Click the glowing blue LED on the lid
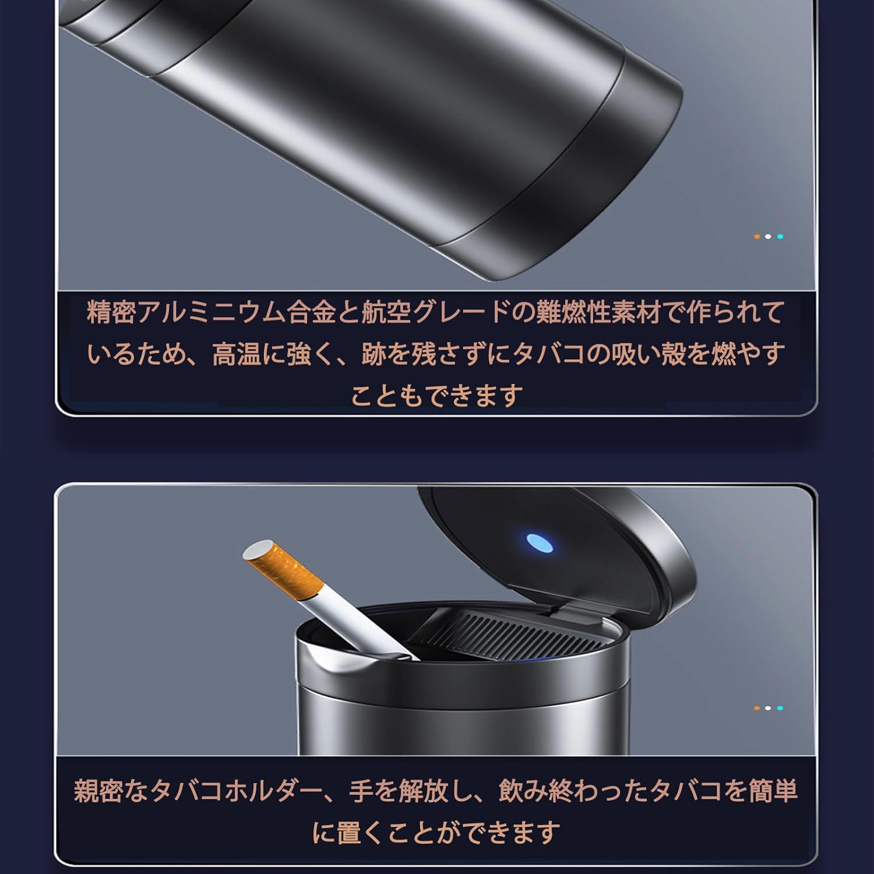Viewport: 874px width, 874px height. tap(540, 542)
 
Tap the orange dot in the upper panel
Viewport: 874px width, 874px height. tap(756, 237)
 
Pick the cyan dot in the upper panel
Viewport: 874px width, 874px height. tap(780, 237)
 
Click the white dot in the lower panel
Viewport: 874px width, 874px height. tap(768, 708)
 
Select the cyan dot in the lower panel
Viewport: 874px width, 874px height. tap(780, 708)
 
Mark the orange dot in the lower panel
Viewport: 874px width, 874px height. tap(756, 708)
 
